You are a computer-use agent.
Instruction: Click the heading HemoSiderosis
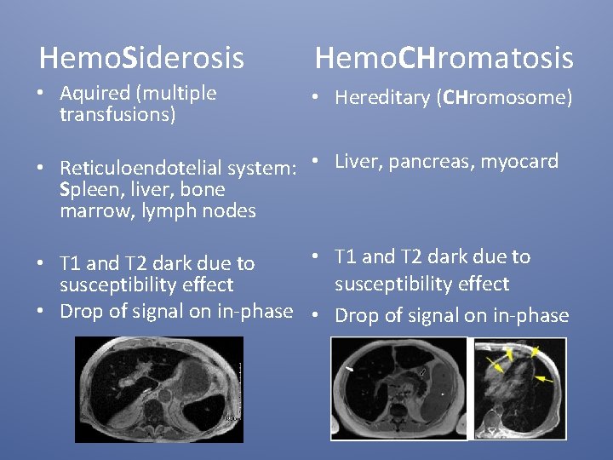coord(141,58)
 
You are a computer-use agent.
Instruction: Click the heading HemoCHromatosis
coord(444,58)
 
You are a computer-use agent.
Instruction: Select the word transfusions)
coord(117,114)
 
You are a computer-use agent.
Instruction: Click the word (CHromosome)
coord(503,97)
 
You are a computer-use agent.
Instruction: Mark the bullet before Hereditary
coord(315,97)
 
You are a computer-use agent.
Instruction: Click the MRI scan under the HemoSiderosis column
coord(158,380)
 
